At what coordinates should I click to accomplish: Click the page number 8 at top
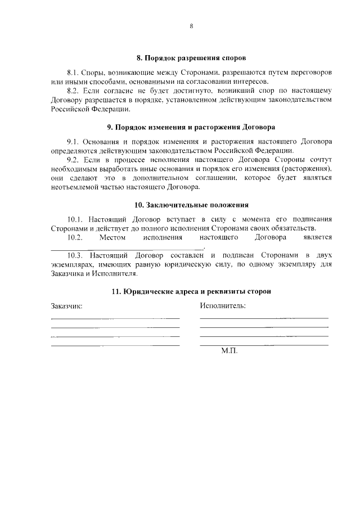(x=191, y=26)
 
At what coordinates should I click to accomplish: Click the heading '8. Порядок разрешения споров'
(x=191, y=58)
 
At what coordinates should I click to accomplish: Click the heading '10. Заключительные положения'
(x=191, y=204)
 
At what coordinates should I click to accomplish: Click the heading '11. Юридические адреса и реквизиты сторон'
(x=191, y=291)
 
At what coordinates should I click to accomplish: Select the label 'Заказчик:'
(x=66, y=307)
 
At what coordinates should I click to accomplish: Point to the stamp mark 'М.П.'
(x=229, y=350)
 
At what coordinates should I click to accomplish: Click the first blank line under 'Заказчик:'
(x=115, y=318)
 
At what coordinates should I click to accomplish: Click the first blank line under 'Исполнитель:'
(x=264, y=318)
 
